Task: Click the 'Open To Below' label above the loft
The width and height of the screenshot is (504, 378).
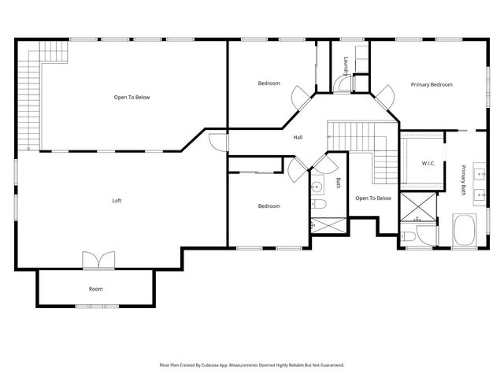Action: (132, 98)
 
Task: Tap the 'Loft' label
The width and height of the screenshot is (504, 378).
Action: (117, 201)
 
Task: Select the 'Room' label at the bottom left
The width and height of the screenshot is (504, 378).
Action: (95, 289)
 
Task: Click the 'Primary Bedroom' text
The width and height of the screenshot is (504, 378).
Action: (431, 83)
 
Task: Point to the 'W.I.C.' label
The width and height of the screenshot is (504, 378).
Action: (429, 164)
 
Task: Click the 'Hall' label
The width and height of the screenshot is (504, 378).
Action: (298, 137)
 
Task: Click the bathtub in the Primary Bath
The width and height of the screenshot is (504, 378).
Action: (465, 232)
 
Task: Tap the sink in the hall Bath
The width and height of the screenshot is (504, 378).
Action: (317, 187)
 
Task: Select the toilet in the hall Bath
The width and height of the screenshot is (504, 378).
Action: (318, 206)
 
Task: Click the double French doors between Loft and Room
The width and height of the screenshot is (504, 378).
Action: (99, 260)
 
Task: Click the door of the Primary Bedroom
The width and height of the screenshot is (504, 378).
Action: (384, 97)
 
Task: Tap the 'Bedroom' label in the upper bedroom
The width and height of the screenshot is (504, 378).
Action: (269, 83)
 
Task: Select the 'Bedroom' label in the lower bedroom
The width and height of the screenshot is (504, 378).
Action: (269, 206)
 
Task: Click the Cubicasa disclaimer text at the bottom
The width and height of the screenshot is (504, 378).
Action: (252, 365)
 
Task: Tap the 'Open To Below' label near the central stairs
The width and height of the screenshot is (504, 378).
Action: (372, 198)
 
